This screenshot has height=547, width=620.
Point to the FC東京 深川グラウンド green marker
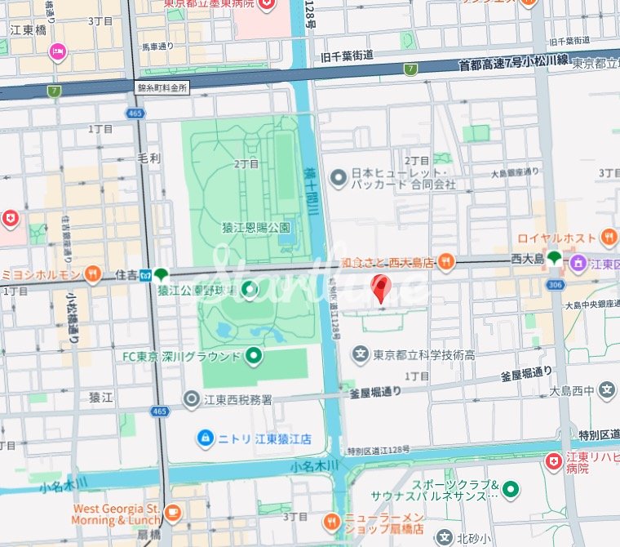point(254,355)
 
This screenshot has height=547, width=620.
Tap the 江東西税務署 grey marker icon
point(192,398)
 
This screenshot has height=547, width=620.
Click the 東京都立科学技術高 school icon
point(360,354)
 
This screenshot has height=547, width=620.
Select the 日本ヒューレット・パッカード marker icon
point(338,177)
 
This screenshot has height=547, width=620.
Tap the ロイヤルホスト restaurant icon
point(608,238)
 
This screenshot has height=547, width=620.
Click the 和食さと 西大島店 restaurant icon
point(445,262)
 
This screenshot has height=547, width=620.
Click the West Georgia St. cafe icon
point(172,513)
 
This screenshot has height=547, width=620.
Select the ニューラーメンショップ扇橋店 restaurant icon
point(331,520)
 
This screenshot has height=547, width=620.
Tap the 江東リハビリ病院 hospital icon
point(554,462)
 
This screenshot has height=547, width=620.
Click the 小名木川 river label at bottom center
point(311,466)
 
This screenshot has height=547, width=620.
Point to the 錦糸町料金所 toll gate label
point(162,86)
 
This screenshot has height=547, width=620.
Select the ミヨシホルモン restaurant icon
point(94,273)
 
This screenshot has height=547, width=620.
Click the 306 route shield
point(556,285)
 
